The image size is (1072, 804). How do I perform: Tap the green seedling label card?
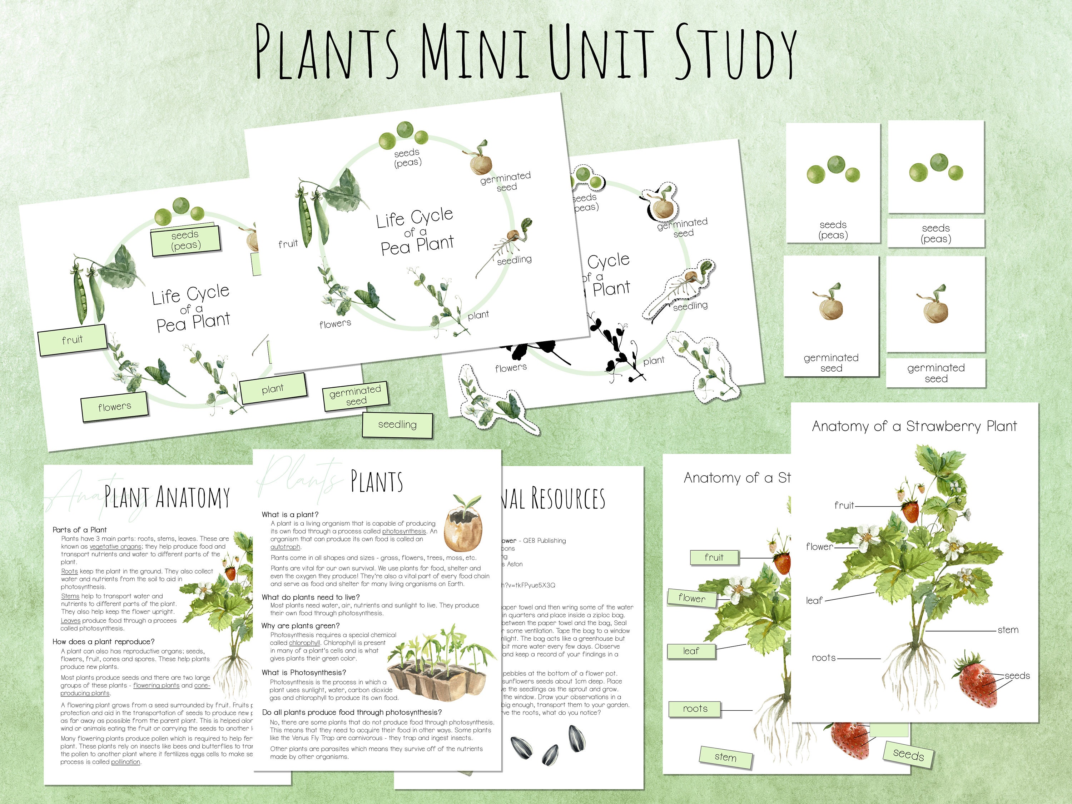point(397,425)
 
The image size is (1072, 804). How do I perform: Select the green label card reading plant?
point(273,389)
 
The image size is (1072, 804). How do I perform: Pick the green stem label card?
point(725,757)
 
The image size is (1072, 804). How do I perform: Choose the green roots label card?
point(695,709)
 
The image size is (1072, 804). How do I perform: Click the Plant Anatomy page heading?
point(167,498)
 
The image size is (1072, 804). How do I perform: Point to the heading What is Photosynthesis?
point(304,672)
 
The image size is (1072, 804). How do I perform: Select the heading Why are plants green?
point(301,626)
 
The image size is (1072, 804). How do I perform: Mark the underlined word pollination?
point(125,762)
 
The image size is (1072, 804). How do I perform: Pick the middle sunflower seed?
point(550,754)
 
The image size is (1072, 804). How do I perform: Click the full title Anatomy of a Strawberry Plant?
point(914,426)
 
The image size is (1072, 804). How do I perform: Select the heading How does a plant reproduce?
point(104,642)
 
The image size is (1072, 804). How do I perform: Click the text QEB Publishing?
point(544,540)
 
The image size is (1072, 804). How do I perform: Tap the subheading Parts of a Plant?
point(79,530)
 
